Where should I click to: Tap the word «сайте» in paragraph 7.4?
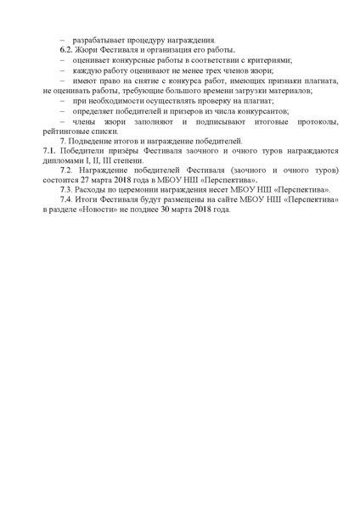pos(233,200)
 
